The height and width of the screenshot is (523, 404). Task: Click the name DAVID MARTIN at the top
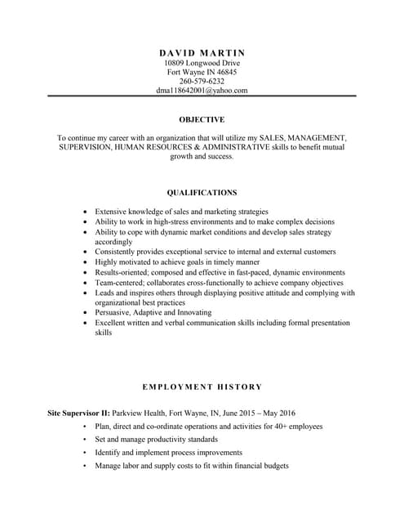(x=202, y=52)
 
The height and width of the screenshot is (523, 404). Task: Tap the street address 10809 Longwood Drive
(x=202, y=63)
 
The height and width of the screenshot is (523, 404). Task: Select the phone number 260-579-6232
(x=202, y=81)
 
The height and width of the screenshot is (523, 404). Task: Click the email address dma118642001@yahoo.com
(x=202, y=91)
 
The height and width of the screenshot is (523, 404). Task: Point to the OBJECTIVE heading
(x=202, y=119)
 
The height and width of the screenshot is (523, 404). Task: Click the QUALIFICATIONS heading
(x=202, y=193)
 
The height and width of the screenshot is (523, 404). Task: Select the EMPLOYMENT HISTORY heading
(x=202, y=387)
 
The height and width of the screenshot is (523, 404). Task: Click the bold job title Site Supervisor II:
(x=79, y=413)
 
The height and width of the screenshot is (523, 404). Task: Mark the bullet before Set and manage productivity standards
(x=84, y=440)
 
